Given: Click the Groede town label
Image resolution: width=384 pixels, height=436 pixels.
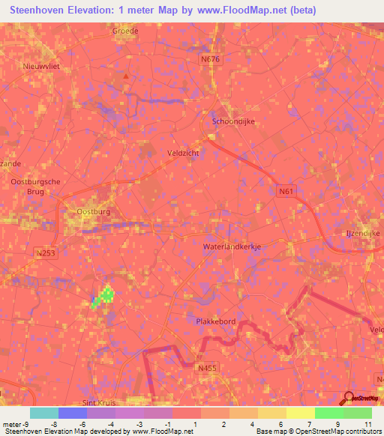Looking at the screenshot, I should coord(126,31).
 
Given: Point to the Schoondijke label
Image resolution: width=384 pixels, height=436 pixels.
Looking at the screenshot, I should coord(234,121).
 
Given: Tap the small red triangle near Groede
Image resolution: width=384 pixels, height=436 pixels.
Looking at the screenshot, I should coord(127,76).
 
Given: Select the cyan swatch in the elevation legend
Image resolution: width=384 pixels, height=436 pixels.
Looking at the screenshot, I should coord(44,413).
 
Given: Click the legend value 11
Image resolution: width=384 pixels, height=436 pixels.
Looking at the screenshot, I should coord(368,423).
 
